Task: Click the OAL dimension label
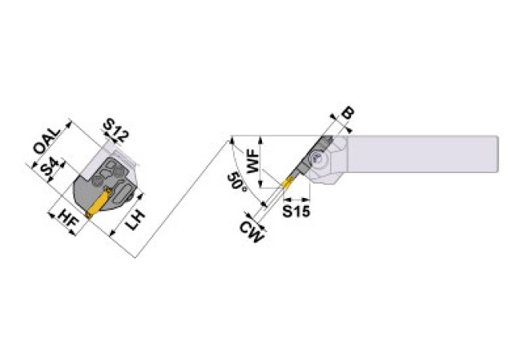click(47, 141)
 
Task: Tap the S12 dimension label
click(116, 131)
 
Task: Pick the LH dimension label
click(135, 219)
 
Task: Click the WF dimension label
click(253, 161)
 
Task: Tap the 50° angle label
click(237, 182)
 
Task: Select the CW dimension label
click(251, 232)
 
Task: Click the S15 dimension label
click(296, 211)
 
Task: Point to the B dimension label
click(347, 113)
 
